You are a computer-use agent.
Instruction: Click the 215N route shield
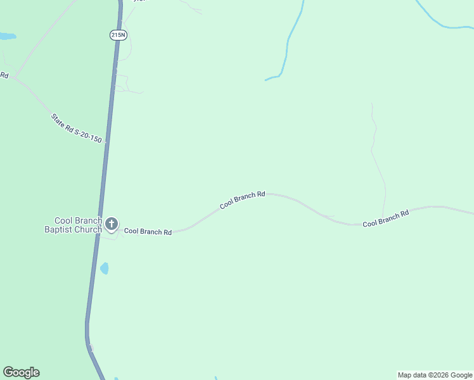coord(118,35)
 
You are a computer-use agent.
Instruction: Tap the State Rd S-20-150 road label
coord(76,129)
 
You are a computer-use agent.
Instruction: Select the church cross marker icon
coord(112,224)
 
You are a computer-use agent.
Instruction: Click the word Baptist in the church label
coord(60,229)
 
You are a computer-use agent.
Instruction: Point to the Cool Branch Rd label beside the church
coord(148,232)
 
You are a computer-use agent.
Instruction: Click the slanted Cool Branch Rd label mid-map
coord(242,201)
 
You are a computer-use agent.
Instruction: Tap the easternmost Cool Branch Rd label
coord(385,219)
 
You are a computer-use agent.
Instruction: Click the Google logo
coord(21,372)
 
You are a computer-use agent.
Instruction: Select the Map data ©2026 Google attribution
coord(435,375)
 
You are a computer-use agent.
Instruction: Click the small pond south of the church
coord(104,269)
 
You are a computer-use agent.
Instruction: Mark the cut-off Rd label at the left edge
coord(4,75)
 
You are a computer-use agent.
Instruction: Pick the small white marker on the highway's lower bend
coord(91,348)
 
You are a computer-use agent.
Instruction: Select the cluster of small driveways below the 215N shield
coord(124,84)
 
